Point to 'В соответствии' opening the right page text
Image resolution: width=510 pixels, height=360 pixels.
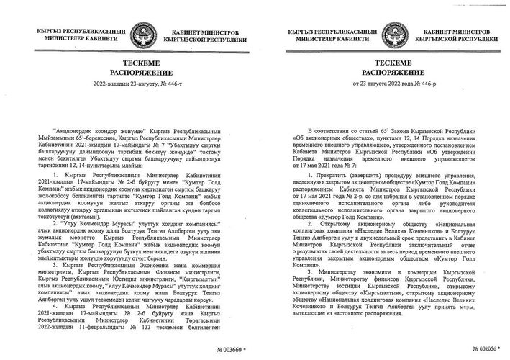click(x=329, y=153)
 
